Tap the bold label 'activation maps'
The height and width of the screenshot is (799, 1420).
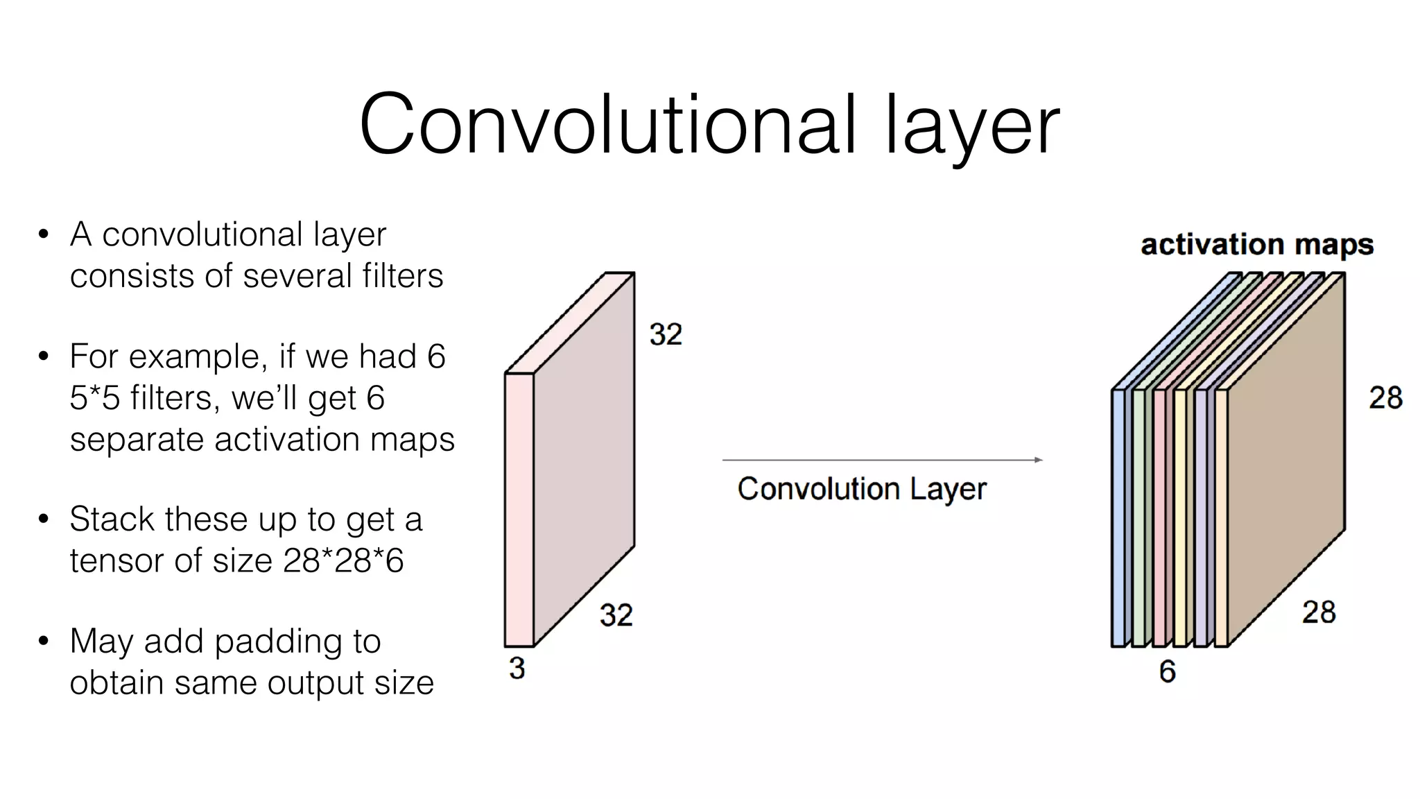[1256, 244]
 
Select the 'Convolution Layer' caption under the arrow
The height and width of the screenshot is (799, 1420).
[861, 489]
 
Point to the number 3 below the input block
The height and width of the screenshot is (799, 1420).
[517, 668]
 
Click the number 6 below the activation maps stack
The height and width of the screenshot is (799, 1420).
[1168, 671]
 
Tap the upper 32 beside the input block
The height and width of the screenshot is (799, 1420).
[666, 334]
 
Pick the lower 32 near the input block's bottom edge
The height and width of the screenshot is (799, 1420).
[616, 615]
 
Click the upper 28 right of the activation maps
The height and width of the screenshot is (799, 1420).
[1385, 397]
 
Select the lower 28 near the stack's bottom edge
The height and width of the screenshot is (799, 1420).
[1318, 612]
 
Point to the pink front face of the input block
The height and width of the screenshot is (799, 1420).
[519, 510]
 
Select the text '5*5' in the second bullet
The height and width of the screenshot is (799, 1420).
[94, 398]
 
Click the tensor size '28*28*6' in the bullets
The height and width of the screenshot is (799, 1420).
[343, 560]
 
